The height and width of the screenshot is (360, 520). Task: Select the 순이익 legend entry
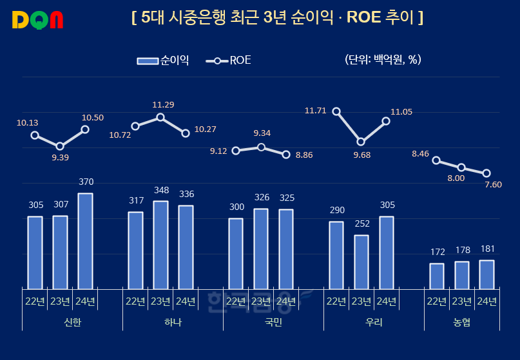[x=163, y=61]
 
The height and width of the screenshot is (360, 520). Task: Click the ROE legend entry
[x=229, y=61]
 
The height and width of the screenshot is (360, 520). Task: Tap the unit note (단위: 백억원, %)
[x=383, y=60]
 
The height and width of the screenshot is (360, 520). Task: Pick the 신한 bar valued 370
[x=85, y=241]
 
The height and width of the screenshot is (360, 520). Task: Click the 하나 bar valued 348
[x=160, y=245]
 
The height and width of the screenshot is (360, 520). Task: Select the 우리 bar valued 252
[x=361, y=262]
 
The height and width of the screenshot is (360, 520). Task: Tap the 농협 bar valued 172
[x=437, y=276]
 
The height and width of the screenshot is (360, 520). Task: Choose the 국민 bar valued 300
[x=236, y=254]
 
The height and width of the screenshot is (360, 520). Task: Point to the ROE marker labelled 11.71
[x=336, y=111]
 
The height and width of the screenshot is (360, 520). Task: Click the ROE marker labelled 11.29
[x=160, y=117]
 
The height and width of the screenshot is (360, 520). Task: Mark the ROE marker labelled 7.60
[x=486, y=173]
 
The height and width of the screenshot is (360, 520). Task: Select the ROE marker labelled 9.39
[x=60, y=146]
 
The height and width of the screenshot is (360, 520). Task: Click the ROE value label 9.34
[x=262, y=133]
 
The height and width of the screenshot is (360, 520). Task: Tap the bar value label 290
[x=336, y=211]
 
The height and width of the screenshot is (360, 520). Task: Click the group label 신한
[x=72, y=322]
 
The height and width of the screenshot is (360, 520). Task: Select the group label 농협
[x=461, y=322]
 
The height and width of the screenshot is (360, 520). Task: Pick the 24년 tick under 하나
[x=186, y=301]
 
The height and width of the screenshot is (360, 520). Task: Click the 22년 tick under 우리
[x=336, y=301]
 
